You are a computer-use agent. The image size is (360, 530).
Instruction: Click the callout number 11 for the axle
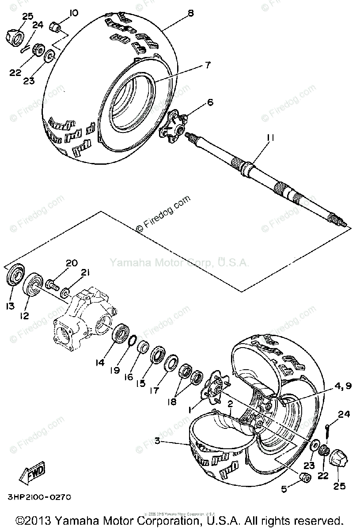click(x=270, y=138)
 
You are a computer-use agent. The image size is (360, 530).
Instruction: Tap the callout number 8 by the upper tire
click(x=190, y=13)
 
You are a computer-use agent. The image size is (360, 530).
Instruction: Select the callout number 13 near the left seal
click(x=10, y=306)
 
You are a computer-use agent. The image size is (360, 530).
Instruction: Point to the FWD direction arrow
click(x=32, y=474)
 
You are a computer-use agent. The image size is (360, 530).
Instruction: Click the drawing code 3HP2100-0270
click(x=39, y=497)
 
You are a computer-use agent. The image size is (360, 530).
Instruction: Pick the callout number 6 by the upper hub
click(x=210, y=102)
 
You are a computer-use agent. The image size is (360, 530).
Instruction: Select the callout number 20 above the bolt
click(x=72, y=263)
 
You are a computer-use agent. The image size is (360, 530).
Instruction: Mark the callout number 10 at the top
click(x=73, y=12)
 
